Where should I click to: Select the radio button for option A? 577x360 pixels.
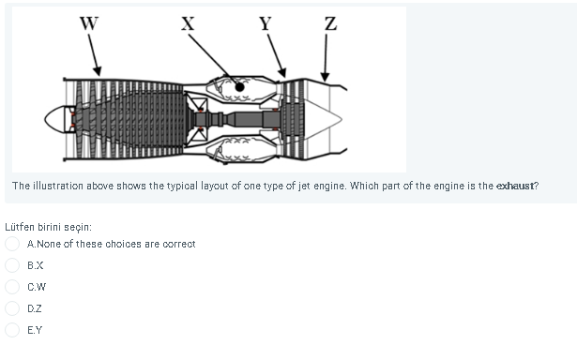(13, 244)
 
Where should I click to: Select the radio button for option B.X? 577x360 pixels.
(13, 265)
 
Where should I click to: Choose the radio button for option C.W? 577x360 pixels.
(13, 287)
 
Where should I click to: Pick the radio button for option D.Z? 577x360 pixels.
(13, 308)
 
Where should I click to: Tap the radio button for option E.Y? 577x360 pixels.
(13, 329)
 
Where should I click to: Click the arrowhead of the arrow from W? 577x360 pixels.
(99, 73)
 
